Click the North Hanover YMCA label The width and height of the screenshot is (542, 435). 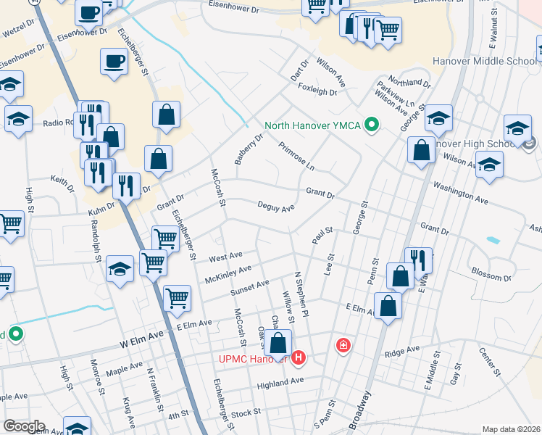(x=312, y=125)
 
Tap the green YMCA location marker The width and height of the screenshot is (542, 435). (x=372, y=125)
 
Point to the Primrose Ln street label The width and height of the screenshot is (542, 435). (x=297, y=156)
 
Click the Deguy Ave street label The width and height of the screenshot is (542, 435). (x=276, y=207)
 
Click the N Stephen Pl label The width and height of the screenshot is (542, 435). (x=301, y=294)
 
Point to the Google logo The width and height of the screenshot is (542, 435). (x=24, y=426)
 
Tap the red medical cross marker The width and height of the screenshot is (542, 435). (x=342, y=346)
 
